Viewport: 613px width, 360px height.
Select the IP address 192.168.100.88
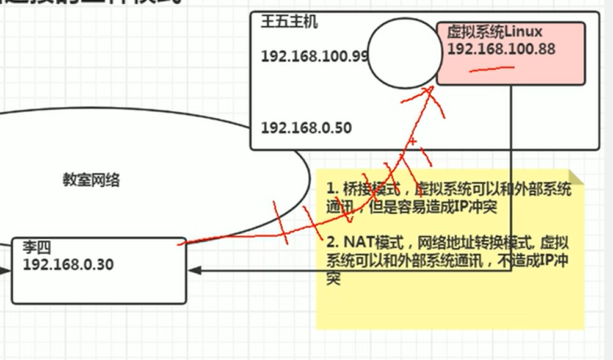[501, 49]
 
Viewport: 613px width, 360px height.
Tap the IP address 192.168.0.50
[306, 128]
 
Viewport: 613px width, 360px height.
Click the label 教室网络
[92, 179]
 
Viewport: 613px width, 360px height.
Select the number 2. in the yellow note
[332, 241]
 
